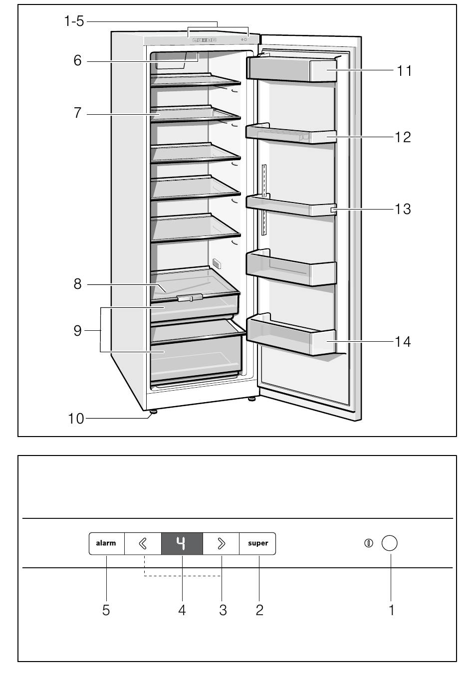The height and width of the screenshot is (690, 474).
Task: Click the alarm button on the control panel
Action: tap(107, 543)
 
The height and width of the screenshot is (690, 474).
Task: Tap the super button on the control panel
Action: tap(257, 543)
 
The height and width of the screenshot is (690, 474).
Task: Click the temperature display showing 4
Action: tap(182, 543)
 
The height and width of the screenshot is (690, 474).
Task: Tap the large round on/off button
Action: tap(389, 543)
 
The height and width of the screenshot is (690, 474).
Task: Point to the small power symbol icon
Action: tap(368, 543)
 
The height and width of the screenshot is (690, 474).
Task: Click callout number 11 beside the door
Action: tap(404, 71)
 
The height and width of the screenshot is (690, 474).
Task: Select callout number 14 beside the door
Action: tap(403, 342)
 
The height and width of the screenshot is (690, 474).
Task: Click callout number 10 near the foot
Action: tap(76, 419)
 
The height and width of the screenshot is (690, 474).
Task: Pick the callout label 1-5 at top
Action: tap(74, 21)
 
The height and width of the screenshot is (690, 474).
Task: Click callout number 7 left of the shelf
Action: tap(77, 113)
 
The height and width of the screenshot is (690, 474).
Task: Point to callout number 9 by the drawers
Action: tap(78, 330)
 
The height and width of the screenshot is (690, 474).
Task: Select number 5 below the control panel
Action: tap(106, 610)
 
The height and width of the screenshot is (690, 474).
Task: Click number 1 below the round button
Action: tap(392, 610)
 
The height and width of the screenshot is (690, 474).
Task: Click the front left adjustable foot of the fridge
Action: tap(153, 412)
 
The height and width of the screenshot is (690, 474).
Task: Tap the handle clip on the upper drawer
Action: tap(190, 297)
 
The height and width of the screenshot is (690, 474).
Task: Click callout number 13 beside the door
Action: tap(403, 209)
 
